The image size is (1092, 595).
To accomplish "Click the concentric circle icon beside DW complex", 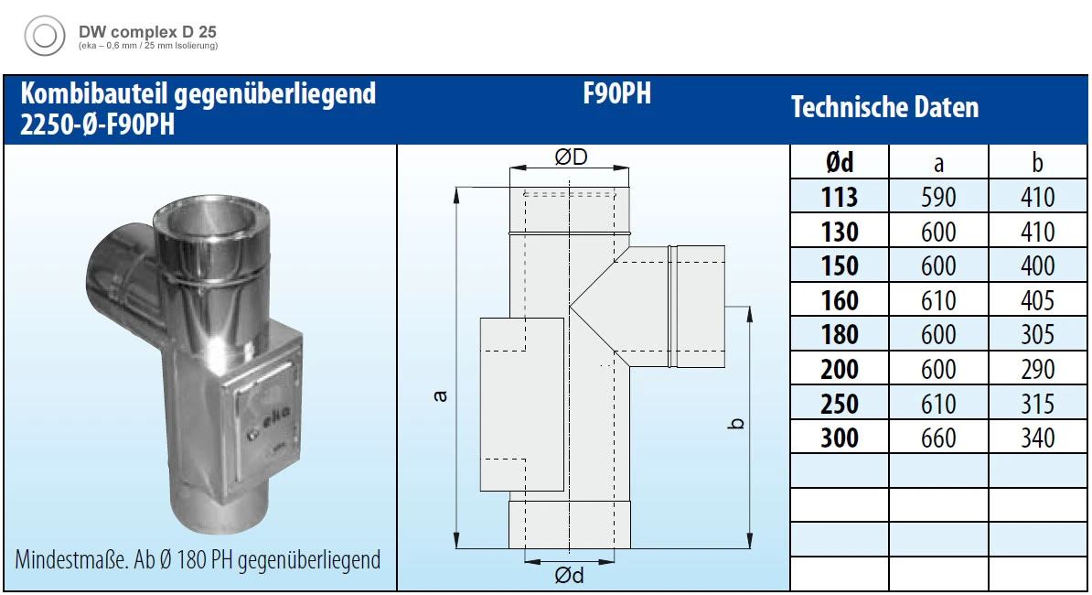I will [x=43, y=36].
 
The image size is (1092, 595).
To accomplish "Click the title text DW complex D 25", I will [x=147, y=31].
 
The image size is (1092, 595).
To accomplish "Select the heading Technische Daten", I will [x=884, y=108].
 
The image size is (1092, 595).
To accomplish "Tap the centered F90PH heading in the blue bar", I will [x=616, y=94].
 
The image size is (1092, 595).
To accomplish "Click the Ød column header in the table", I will [x=839, y=163].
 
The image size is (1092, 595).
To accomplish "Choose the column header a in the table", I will [x=938, y=163].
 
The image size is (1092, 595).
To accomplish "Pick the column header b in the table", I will [x=1037, y=163].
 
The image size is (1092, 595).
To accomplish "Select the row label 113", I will [x=839, y=197].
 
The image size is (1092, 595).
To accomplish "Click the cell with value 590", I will [x=938, y=197].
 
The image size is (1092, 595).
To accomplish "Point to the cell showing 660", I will [x=938, y=438].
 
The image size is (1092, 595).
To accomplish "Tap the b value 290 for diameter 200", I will [x=1037, y=369].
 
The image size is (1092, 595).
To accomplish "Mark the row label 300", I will [x=839, y=438].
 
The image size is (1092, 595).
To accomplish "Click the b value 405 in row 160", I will [x=1037, y=300].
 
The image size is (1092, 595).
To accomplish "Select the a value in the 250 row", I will [x=938, y=404].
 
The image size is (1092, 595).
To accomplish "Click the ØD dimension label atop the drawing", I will [x=571, y=157].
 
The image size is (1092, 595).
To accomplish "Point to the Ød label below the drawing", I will [x=569, y=576].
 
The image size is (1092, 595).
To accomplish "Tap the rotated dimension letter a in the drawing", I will [x=441, y=395].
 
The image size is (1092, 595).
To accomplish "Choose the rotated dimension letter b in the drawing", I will [x=738, y=423].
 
